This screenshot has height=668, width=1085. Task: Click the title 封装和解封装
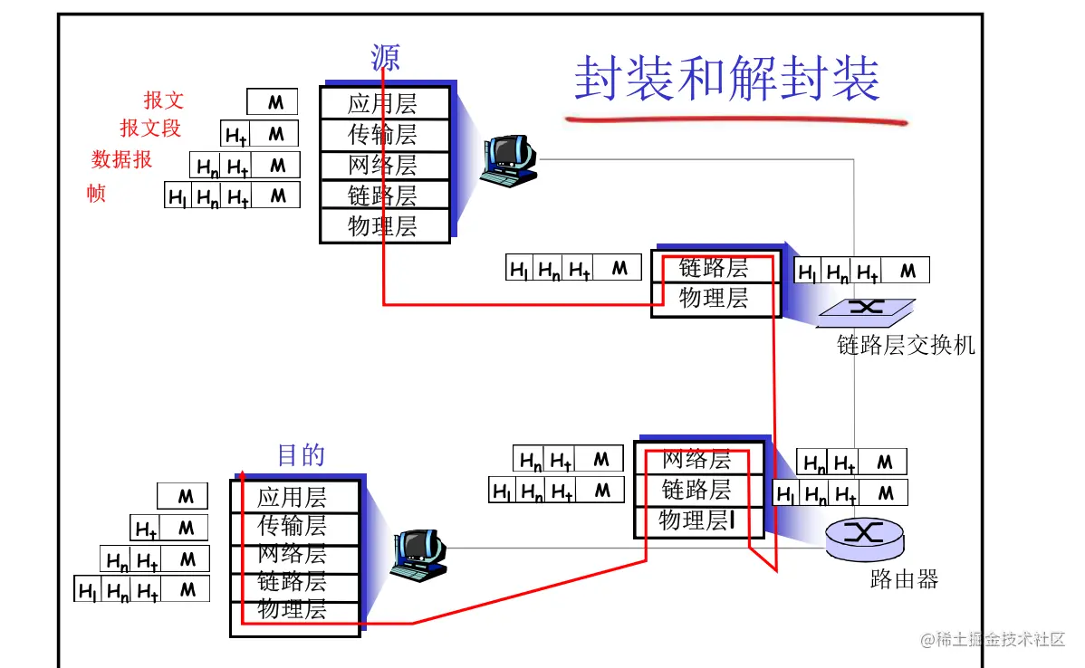click(727, 79)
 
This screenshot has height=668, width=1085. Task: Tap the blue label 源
click(385, 58)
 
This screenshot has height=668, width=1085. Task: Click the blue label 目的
click(301, 454)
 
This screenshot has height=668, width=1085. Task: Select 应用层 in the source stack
click(383, 104)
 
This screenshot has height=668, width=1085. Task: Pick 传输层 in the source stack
click(383, 135)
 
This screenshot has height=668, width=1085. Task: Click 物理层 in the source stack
click(383, 226)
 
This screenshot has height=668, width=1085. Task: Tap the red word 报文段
click(150, 128)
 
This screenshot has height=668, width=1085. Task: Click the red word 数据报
click(121, 160)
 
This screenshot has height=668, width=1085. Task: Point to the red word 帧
click(96, 193)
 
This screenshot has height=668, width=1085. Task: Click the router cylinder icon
click(864, 539)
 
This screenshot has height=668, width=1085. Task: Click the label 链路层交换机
click(906, 345)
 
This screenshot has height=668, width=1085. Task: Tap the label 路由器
click(904, 579)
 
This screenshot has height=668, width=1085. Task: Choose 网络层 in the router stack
click(696, 459)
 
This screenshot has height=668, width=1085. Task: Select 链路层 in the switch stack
click(714, 267)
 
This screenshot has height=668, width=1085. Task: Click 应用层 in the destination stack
click(292, 497)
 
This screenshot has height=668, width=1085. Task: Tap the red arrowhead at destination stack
click(242, 474)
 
